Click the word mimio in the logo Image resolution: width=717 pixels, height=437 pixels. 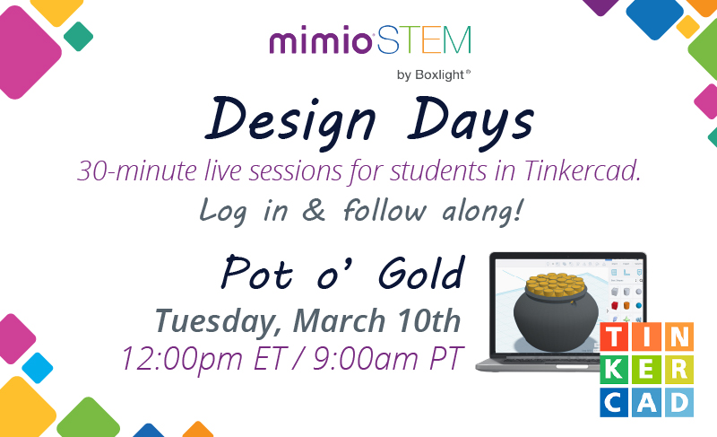point(320,41)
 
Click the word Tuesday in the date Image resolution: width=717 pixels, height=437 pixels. point(224,320)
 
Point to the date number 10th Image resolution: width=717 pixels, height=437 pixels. point(428,319)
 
